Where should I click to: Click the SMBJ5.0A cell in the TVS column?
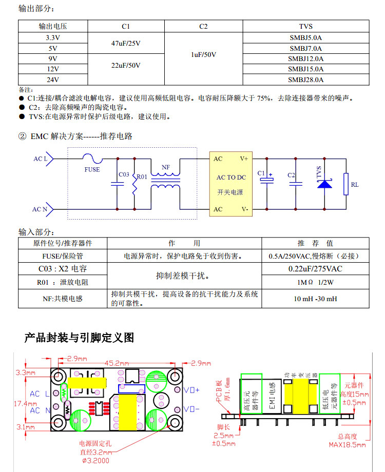(305, 37)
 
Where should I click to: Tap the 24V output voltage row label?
(52, 80)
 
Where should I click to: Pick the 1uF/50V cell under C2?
(203, 54)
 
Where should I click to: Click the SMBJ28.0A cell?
(305, 80)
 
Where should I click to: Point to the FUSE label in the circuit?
(92, 169)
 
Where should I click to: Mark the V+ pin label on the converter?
(244, 159)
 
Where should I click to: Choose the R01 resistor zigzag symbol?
(134, 187)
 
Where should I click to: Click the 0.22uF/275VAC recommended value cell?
(315, 268)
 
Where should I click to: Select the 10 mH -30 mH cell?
(315, 299)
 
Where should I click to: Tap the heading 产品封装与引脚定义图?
(79, 338)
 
